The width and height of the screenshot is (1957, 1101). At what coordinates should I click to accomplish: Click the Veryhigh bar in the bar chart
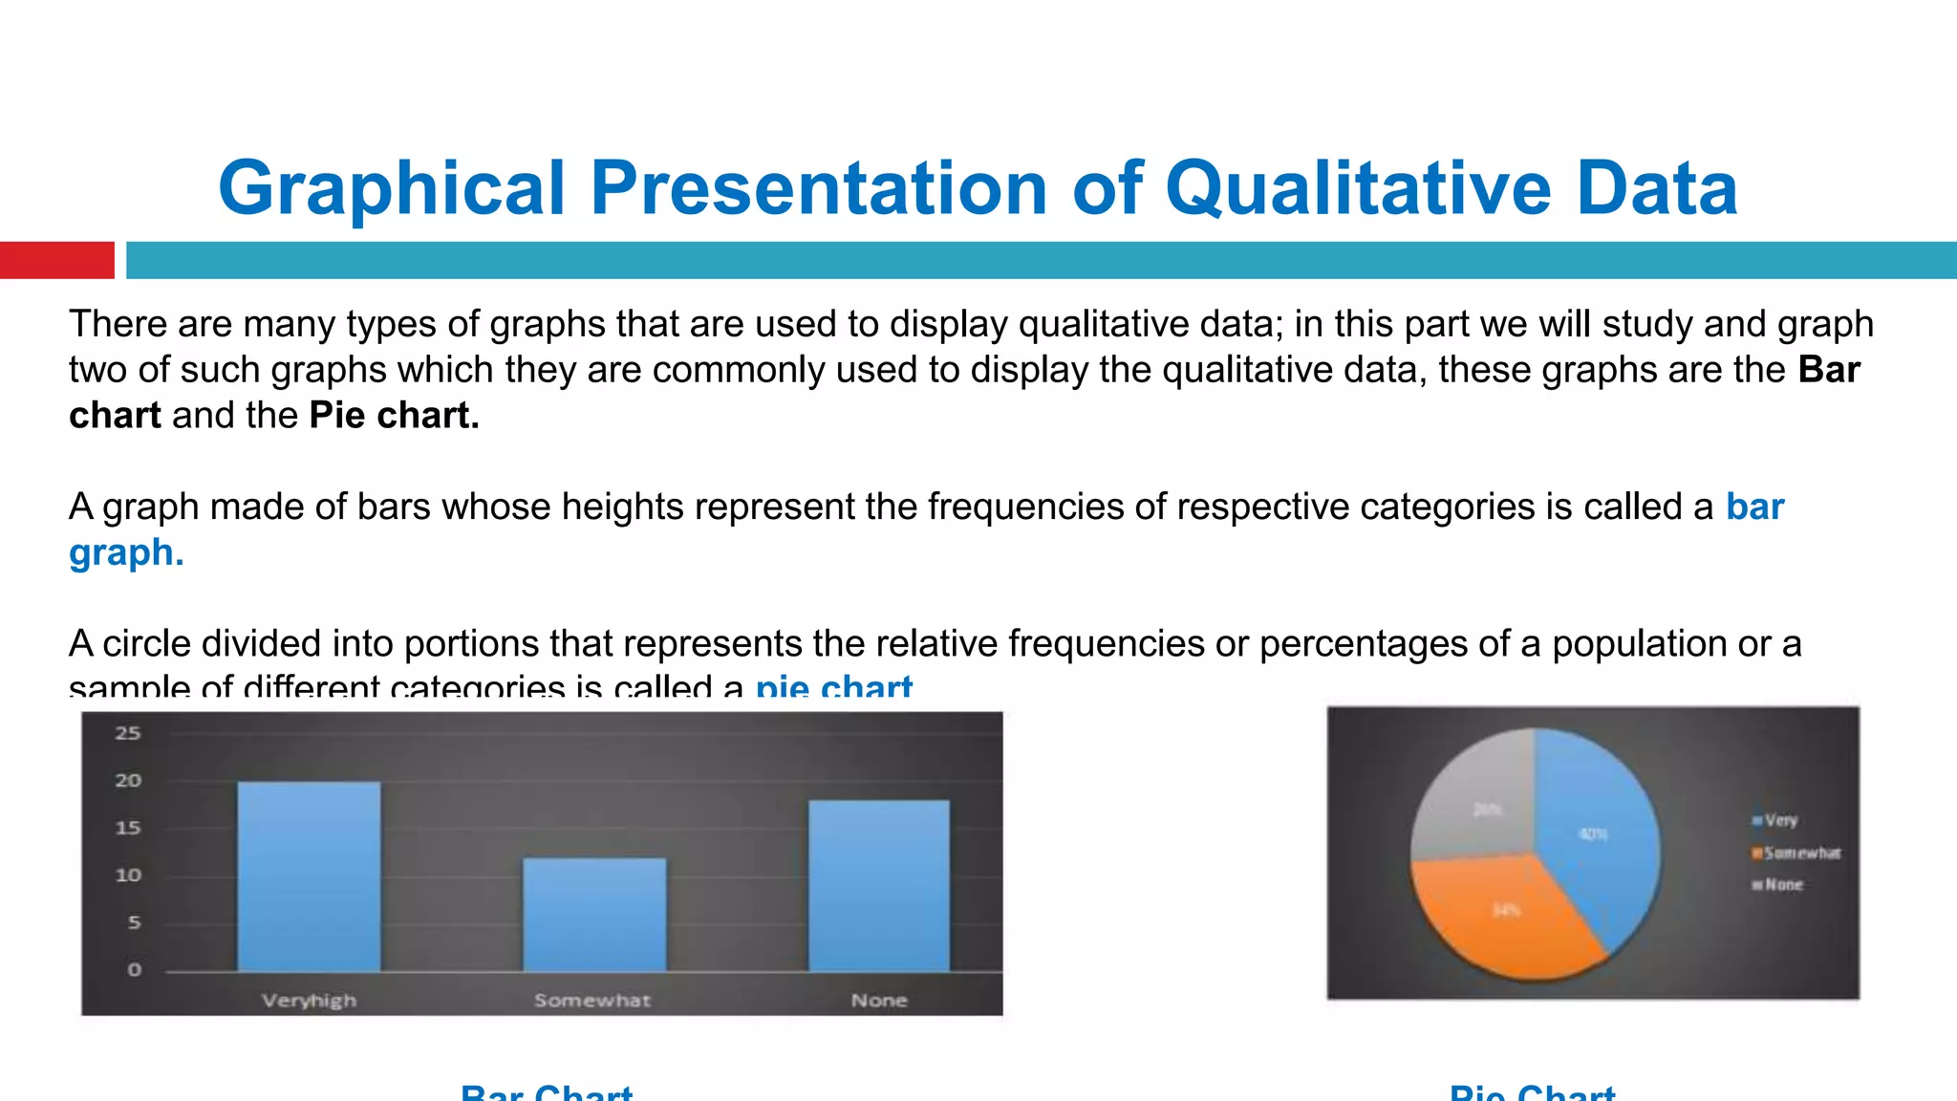pos(309,876)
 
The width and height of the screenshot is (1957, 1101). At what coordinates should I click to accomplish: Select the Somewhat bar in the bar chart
pos(594,915)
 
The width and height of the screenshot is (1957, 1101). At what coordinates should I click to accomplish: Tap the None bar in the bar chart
pos(879,885)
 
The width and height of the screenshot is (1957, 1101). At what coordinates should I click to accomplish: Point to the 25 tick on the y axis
pos(128,733)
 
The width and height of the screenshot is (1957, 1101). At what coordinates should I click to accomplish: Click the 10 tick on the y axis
pos(128,875)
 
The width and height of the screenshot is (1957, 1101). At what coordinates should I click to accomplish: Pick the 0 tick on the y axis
pos(134,970)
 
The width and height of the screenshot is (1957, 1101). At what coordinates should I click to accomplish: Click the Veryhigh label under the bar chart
pos(309,1001)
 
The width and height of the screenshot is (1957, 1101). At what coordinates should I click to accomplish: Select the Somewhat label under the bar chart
pos(592,1001)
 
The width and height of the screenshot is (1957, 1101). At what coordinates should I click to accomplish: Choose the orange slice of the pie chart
pos(1500,917)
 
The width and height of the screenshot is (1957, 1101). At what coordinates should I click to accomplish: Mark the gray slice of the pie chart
pos(1476,798)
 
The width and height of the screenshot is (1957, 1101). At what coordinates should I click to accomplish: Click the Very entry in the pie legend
pos(1780,820)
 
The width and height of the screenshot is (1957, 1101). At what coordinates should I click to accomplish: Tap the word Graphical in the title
pos(392,188)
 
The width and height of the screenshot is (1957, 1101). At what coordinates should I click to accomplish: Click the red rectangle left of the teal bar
pos(56,260)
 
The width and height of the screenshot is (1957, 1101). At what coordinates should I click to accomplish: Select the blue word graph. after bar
pos(126,552)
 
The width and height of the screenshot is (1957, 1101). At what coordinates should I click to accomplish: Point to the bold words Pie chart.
pos(394,416)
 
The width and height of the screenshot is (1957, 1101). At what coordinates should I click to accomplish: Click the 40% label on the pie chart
pos(1593,834)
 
